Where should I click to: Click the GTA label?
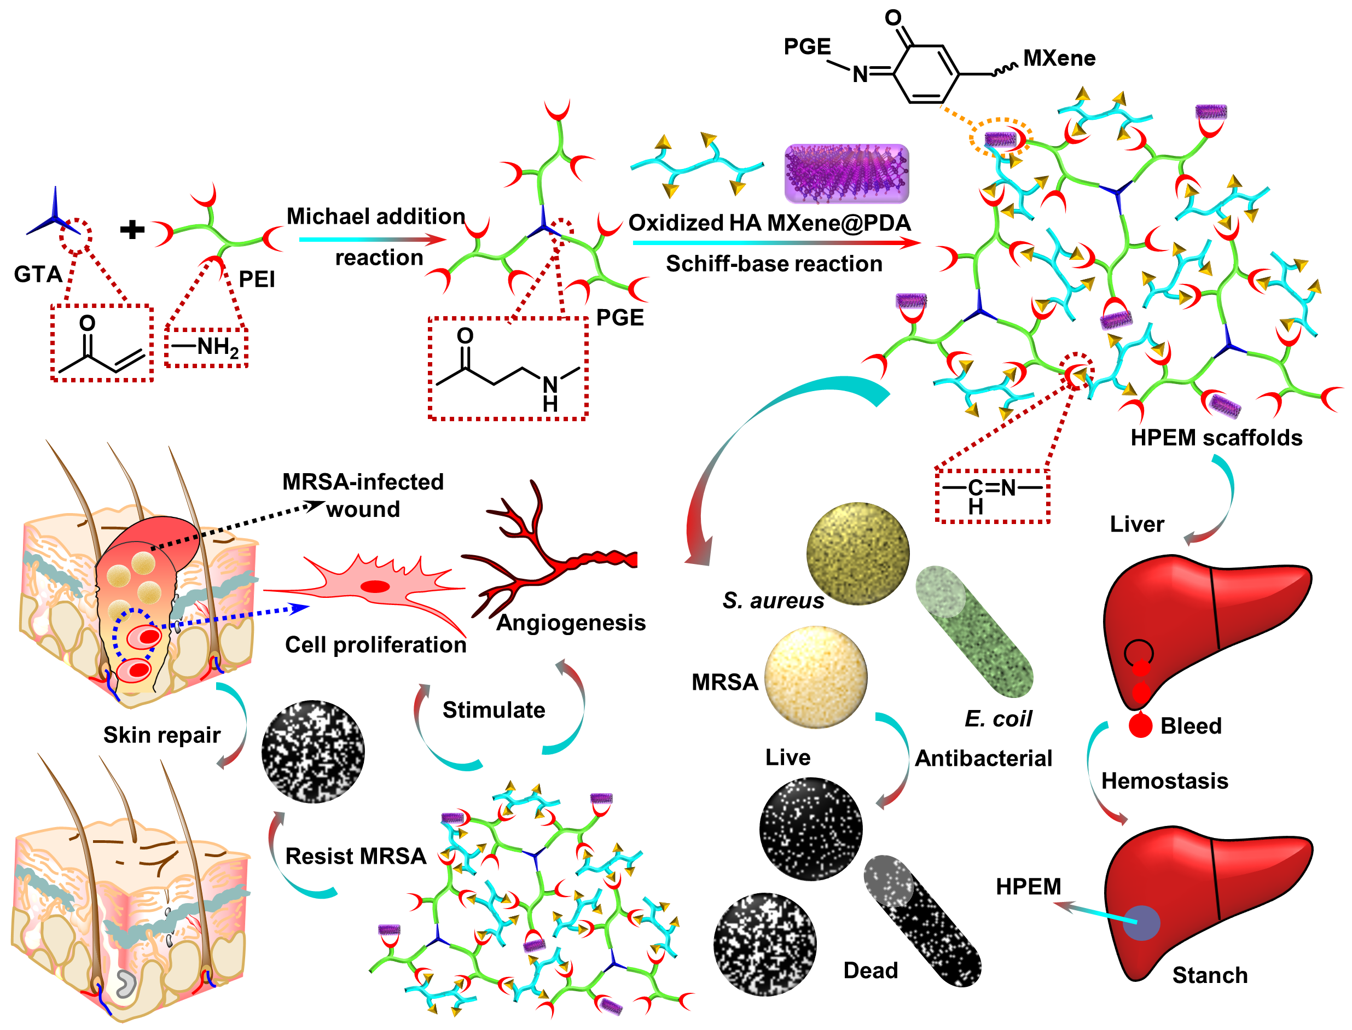click(x=38, y=274)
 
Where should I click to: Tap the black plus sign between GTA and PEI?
click(x=132, y=230)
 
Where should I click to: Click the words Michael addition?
click(x=375, y=217)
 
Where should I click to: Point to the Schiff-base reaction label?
click(x=774, y=264)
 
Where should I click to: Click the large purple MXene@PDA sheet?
click(x=846, y=173)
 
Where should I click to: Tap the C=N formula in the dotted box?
click(x=991, y=488)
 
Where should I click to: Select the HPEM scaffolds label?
click(x=1216, y=438)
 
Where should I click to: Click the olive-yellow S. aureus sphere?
click(x=857, y=553)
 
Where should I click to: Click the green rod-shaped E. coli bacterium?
click(x=974, y=631)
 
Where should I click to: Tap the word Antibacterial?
click(x=983, y=758)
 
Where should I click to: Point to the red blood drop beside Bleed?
click(x=1140, y=726)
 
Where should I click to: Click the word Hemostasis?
click(x=1164, y=781)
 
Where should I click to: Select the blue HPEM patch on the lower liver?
click(x=1141, y=923)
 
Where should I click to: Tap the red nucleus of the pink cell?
click(x=375, y=587)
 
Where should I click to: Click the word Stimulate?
click(x=494, y=710)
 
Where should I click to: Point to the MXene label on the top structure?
click(x=1059, y=58)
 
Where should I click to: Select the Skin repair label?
click(x=161, y=735)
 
